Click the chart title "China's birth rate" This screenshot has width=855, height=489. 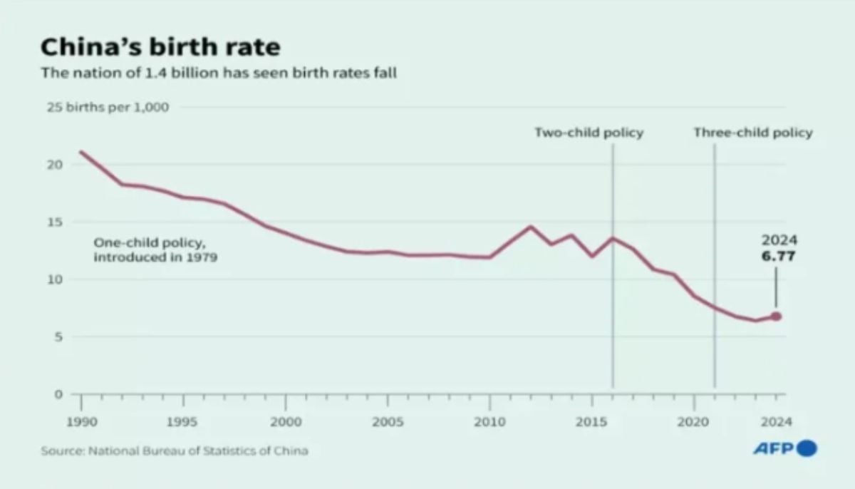160,48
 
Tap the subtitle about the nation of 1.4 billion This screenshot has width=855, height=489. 218,73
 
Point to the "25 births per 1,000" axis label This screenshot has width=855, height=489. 108,108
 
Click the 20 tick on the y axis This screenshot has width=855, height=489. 56,165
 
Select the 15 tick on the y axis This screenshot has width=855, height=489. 56,222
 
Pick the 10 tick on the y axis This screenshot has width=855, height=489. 56,279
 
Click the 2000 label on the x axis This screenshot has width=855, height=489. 285,421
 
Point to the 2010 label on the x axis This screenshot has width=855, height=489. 489,421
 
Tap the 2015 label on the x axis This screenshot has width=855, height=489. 591,421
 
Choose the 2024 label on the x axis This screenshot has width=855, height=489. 776,421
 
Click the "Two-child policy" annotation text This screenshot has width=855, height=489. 589,133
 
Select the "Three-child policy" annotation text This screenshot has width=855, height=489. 753,133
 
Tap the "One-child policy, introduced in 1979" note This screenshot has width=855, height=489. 155,250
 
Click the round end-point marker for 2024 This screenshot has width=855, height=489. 776,316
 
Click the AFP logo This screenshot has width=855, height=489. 785,449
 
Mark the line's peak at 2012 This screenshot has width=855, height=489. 530,227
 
